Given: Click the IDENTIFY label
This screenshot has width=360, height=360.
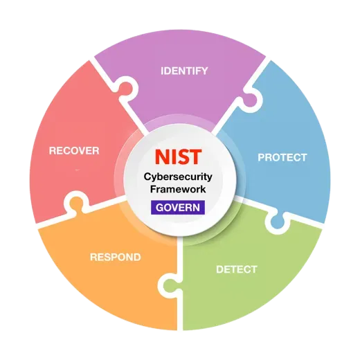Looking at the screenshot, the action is coord(184,71).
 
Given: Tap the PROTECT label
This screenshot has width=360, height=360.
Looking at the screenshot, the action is coord(282,158).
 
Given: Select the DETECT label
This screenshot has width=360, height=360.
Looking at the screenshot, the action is coord(237,269).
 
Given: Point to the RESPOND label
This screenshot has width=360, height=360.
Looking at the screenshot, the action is coord(116,257).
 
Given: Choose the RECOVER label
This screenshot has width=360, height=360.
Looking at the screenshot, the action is coord(74,151).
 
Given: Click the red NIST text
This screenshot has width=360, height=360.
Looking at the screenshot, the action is coord(178,157).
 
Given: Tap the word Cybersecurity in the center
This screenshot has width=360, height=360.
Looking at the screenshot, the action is coord(178,177).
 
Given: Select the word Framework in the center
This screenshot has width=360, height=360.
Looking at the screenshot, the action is coord(178,189).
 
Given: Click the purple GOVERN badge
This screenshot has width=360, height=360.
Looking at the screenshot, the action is coord(178,208).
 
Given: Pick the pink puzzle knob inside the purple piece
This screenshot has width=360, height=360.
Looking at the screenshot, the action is coord(126,89).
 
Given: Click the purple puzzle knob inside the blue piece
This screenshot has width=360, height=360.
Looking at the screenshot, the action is coord(250,100).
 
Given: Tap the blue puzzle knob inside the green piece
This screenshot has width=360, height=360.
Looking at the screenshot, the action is coord(277,222).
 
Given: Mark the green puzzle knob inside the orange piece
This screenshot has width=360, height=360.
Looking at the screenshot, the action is coord(170,286).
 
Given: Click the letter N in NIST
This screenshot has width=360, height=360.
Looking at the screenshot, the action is coord(163,157).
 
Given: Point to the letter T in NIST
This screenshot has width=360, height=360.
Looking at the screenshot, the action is coord(195,157).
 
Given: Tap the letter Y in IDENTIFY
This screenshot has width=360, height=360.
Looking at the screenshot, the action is coord(204,71).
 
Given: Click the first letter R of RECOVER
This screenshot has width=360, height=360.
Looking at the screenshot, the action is coord(53,151).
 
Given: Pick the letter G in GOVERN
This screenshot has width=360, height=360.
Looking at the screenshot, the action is coord(159,208).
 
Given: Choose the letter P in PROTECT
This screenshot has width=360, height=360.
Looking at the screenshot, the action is coord(261,158).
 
